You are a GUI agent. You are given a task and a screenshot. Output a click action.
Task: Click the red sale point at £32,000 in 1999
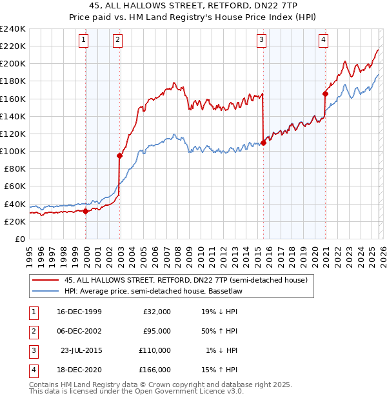pyautogui.click(x=86, y=211)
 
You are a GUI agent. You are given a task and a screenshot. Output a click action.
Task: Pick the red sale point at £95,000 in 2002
pyautogui.click(x=119, y=155)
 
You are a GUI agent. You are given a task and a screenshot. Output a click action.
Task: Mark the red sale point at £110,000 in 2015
pyautogui.click(x=263, y=143)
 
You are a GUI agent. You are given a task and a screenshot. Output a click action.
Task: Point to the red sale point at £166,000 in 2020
pyautogui.click(x=325, y=94)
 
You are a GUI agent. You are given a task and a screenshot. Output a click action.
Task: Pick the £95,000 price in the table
pyautogui.click(x=157, y=331)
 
